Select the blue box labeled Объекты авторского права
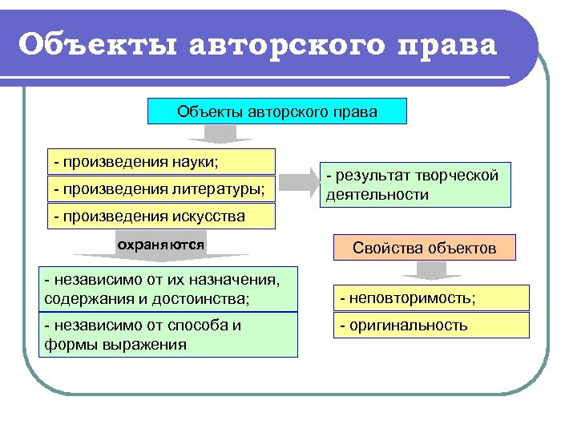pos(277,111)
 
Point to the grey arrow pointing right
pos(301,180)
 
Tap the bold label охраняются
pos(160,242)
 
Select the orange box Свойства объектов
pos(424,248)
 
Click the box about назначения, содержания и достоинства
pos(168,289)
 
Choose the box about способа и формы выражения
pos(168,334)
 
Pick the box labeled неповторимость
pos(431,298)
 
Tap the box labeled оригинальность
pos(431,326)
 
